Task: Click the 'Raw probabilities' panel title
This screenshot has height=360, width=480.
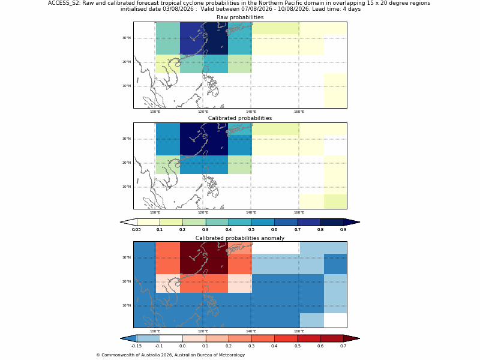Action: coord(240,17)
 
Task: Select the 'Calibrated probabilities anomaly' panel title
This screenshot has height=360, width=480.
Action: coord(240,238)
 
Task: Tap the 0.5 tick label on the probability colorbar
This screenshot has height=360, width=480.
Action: coord(251,230)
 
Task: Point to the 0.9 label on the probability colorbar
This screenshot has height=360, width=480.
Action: coord(343,230)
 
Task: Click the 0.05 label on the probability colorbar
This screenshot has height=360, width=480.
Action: coord(136,230)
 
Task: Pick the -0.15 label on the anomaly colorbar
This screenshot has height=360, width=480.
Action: coord(136,346)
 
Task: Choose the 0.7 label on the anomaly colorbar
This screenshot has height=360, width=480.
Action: coord(343,346)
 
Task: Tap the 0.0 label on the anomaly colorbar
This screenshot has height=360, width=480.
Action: coord(182,346)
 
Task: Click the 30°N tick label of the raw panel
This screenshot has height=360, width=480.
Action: coord(127,38)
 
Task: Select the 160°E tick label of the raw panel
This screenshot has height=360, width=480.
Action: coord(299,112)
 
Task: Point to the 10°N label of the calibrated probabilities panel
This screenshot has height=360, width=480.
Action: coord(127,187)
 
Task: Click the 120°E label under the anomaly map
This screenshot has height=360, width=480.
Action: coord(203,331)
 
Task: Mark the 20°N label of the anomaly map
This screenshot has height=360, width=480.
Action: coord(127,281)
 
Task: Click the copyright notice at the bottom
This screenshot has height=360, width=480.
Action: coord(170,355)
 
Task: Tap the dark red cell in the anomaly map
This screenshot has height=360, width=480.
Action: coord(204,258)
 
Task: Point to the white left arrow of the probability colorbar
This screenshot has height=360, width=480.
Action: coord(128,222)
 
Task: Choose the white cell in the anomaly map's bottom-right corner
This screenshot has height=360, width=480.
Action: coord(335,320)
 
